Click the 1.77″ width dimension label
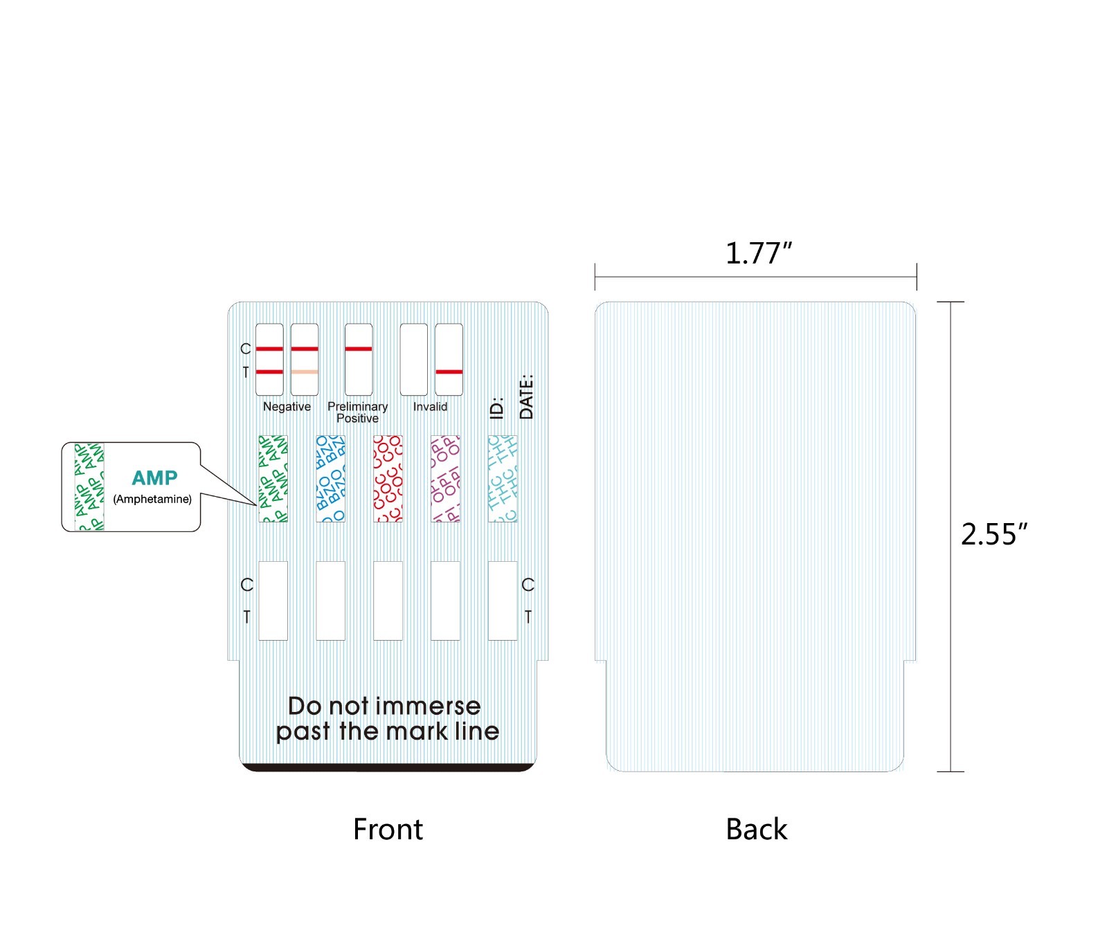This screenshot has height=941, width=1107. coord(757,253)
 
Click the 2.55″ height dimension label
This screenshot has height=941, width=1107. coord(993,534)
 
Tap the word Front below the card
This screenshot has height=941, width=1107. coord(388,829)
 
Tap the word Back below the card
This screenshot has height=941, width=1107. coord(756,829)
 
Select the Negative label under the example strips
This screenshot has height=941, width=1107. coord(287,407)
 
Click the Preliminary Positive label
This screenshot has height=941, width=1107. coord(357,412)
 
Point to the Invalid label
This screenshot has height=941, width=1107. coord(430,407)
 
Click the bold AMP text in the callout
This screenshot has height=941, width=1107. coord(154,478)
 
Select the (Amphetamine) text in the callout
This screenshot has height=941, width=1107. coord(152,499)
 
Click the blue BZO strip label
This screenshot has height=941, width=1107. coord(330,478)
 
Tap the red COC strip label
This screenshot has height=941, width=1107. coord(388,478)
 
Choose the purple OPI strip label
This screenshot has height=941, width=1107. coord(445,478)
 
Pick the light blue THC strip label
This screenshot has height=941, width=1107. coord(503,478)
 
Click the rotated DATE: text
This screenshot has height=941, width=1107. coord(527,396)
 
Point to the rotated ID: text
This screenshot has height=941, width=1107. coord(496,408)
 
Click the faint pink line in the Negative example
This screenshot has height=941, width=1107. coord(305,372)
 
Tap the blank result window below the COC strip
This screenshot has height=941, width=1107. coord(388,601)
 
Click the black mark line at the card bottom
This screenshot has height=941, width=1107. coord(388,767)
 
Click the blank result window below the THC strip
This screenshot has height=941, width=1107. coord(503,601)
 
